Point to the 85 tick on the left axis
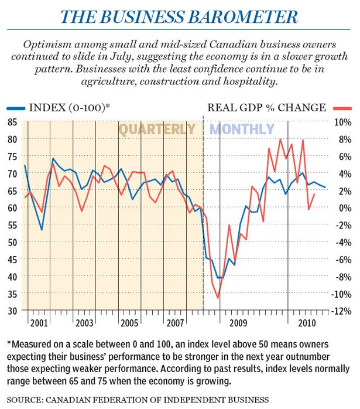pos(12,122)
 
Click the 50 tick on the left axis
pos(12,241)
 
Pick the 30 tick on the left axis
pos(12,310)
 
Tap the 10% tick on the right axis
pos(342,122)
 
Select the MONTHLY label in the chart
pos(242,129)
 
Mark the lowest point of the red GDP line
pos(218,298)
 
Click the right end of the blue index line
pos(325,187)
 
